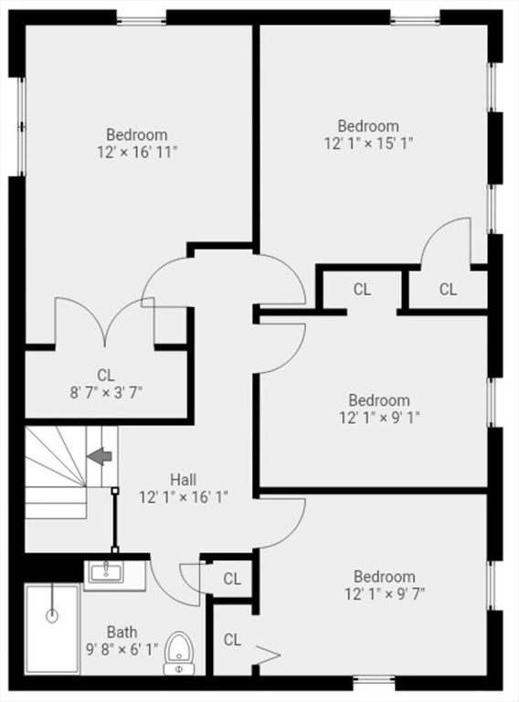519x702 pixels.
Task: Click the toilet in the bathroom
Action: tap(179, 653)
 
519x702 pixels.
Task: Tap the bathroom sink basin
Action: tap(106, 572)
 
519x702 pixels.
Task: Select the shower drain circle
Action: tap(52, 616)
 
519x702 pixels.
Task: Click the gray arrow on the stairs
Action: tap(99, 456)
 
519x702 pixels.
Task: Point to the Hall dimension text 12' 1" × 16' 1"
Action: tap(184, 497)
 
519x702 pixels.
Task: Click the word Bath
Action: tap(122, 633)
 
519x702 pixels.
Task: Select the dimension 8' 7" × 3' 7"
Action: tap(106, 393)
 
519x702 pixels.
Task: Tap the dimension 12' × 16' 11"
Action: tap(137, 153)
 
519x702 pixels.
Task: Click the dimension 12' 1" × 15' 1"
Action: tap(368, 144)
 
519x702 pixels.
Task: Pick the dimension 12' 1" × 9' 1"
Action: tap(379, 418)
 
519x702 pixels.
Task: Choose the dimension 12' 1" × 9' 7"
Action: tap(385, 594)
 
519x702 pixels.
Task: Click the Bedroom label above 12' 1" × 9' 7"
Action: tap(385, 576)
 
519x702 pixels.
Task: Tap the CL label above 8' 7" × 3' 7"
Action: tap(106, 375)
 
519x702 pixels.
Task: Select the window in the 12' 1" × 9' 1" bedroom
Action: tap(492, 402)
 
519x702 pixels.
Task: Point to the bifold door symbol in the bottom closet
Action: tap(268, 655)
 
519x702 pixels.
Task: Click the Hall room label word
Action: tap(184, 480)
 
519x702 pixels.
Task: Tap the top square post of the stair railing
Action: tap(115, 491)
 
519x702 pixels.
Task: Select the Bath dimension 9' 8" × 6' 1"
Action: tap(122, 650)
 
